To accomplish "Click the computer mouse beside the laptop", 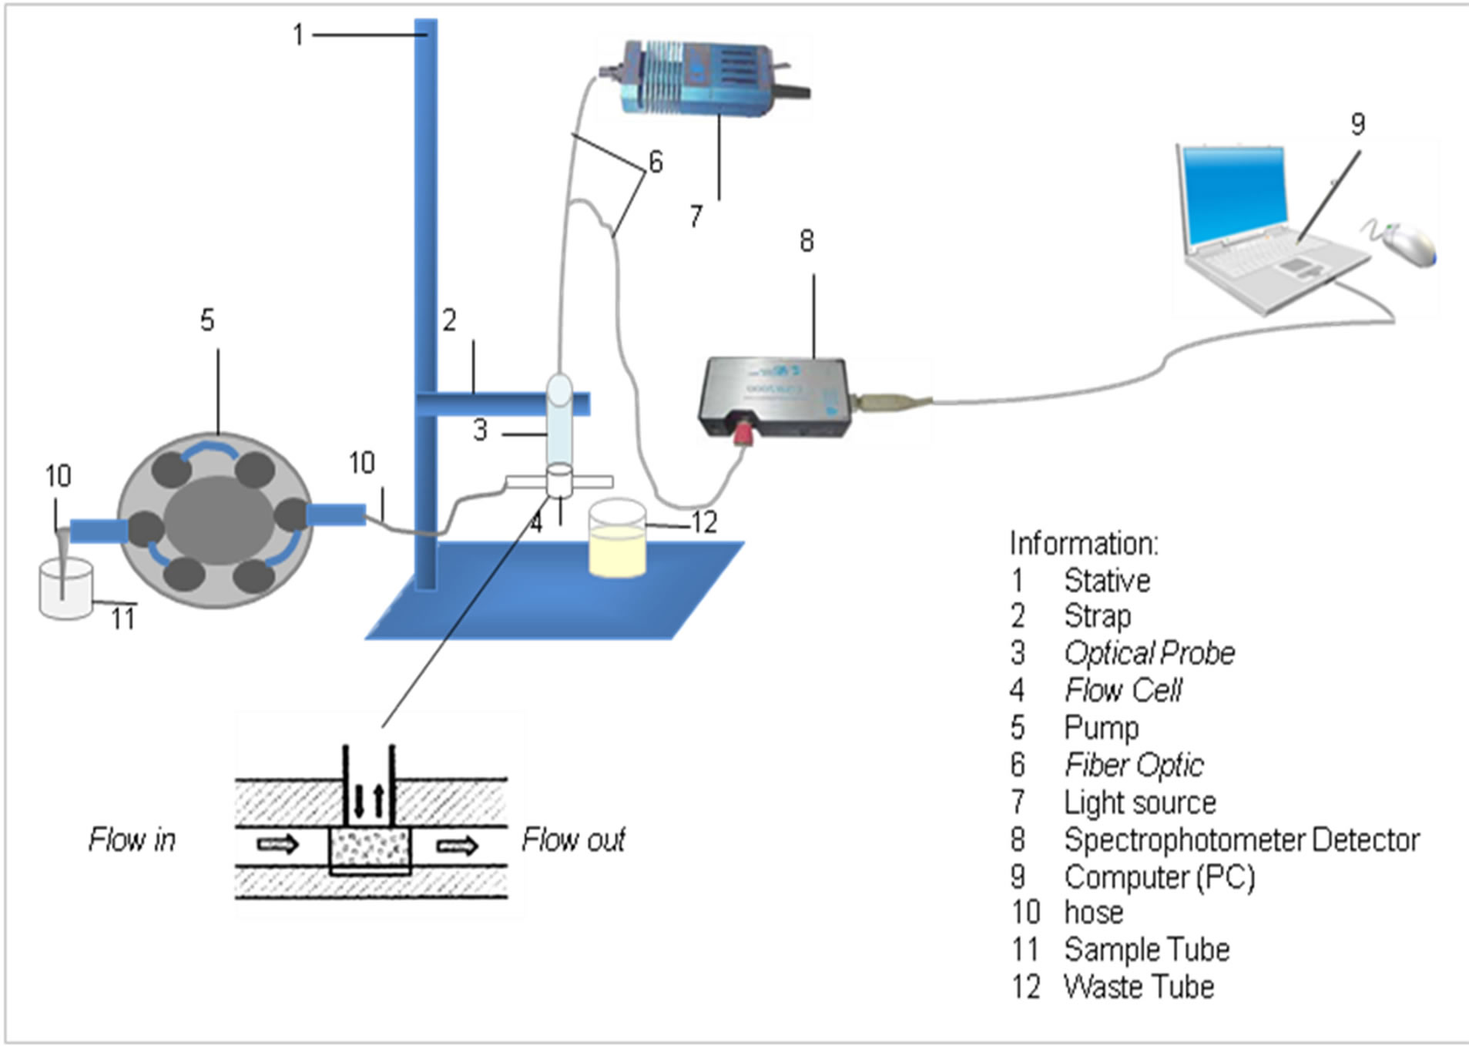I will [1408, 245].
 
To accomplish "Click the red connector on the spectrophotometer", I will [744, 434].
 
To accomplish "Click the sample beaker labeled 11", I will [66, 589].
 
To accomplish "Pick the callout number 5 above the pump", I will [207, 320].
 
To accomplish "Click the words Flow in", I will [132, 840].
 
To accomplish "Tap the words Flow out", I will [573, 840].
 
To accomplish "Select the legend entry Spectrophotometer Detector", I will [1241, 840].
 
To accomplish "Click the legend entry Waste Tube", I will [1139, 987].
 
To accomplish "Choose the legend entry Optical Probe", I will [1149, 653].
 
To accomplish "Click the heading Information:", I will [1083, 544].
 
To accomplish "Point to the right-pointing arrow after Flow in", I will [277, 845].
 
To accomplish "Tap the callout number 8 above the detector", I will [806, 241].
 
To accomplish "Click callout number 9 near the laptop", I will [1357, 124].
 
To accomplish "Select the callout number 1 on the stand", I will [298, 35].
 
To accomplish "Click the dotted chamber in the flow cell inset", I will [370, 848].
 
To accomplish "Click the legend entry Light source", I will [1139, 803].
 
